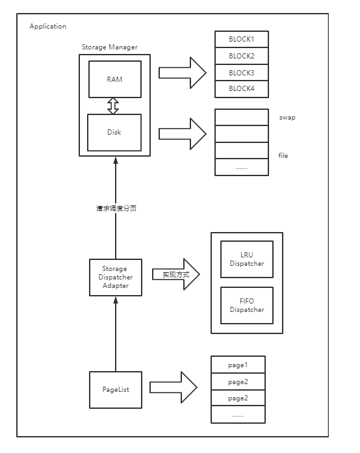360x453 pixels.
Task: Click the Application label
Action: (47, 26)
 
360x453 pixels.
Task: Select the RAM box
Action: (115, 79)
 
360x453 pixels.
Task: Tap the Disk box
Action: (114, 133)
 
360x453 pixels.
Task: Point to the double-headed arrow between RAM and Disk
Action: (113, 106)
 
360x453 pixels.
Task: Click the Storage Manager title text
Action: (110, 47)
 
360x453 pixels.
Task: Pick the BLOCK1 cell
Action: (242, 39)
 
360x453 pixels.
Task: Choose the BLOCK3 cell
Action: (242, 73)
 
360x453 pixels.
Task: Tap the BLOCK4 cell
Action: (242, 89)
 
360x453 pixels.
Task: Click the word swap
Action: (287, 118)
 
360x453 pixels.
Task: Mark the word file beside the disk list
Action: (283, 155)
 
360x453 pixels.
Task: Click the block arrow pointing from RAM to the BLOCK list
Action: (183, 73)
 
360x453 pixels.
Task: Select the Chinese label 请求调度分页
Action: (116, 208)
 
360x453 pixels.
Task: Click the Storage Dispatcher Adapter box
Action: (116, 278)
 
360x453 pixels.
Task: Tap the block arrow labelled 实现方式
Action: (176, 274)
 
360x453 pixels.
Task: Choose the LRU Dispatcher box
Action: (247, 259)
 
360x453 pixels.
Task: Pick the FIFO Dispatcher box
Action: (247, 305)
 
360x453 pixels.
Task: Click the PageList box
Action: (116, 390)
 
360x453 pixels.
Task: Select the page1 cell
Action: (238, 365)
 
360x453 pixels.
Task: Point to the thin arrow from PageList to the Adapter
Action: (116, 334)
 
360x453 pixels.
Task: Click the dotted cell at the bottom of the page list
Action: (238, 415)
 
